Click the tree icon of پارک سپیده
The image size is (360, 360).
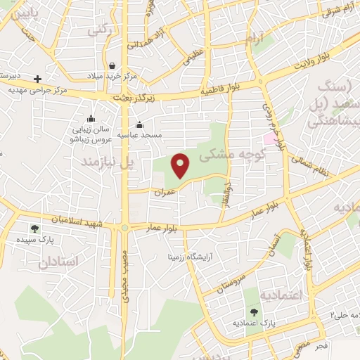click(x=34, y=229)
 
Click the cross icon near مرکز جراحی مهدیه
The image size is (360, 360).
click(x=38, y=79)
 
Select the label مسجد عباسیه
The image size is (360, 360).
click(x=142, y=134)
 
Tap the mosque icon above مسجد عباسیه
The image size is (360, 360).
click(x=140, y=124)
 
